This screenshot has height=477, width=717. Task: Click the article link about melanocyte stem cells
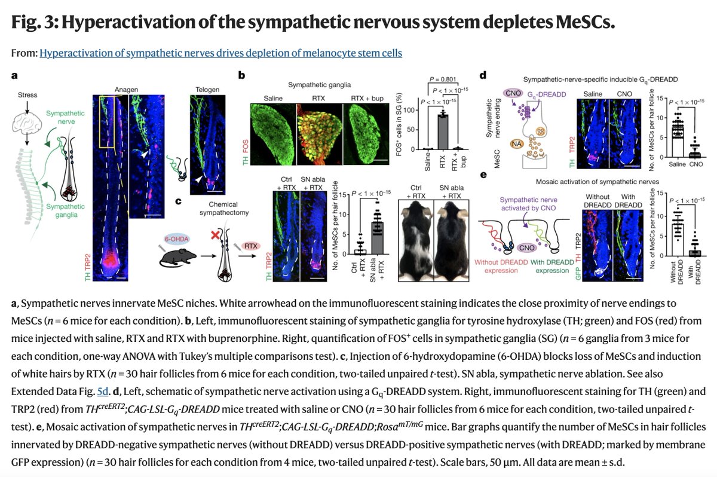pyautogui.click(x=220, y=53)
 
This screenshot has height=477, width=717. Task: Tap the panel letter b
pyautogui.click(x=241, y=76)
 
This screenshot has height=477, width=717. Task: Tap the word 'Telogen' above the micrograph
pyautogui.click(x=207, y=90)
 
